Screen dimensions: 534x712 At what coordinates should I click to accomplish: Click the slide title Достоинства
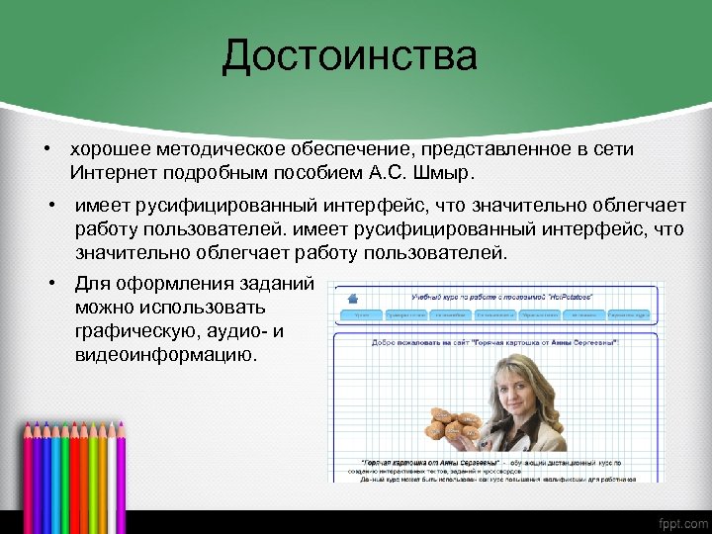tap(349, 55)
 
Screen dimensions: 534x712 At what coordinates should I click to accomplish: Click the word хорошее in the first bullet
tap(107, 148)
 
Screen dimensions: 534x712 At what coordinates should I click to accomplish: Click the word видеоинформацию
tap(165, 355)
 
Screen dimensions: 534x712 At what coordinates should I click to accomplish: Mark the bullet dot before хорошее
tap(45, 148)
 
